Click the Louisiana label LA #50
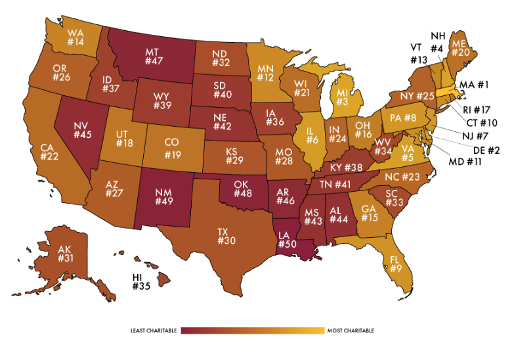point(287,240)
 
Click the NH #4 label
point(438,41)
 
